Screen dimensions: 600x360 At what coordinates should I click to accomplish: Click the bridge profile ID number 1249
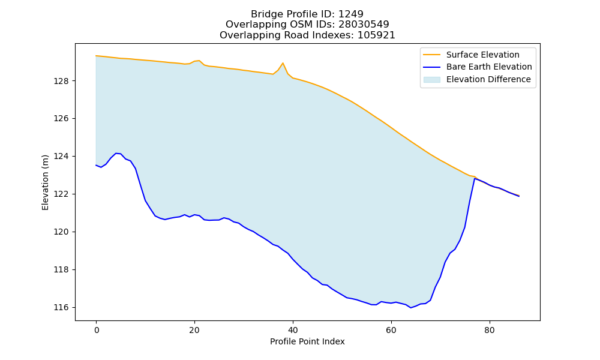350,14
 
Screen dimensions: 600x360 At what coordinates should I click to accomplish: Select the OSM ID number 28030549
364,25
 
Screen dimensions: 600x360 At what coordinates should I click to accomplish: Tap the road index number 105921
376,35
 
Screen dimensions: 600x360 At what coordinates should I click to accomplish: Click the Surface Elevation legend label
482,55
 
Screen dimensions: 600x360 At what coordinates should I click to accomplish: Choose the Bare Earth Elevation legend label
489,67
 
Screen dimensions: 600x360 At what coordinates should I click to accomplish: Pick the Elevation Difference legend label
488,79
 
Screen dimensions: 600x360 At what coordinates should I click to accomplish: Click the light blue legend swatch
431,80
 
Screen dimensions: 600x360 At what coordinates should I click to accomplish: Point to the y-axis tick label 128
61,81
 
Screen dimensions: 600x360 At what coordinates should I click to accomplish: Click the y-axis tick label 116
61,308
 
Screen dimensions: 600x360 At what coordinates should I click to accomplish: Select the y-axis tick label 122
61,194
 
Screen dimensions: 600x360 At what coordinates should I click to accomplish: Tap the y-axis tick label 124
61,157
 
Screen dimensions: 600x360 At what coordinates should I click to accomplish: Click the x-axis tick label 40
293,330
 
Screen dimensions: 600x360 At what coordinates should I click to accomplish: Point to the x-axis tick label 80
490,330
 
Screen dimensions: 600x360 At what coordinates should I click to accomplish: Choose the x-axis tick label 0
97,330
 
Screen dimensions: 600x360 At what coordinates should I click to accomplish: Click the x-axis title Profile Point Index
307,341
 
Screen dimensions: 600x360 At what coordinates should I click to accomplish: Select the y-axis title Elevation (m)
45,182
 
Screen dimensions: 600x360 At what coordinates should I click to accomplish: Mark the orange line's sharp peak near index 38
283,63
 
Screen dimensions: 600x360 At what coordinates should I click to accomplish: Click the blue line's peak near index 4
116,154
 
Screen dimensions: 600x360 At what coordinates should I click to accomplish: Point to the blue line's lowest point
410,308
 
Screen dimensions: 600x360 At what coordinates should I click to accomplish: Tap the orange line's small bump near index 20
199,61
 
